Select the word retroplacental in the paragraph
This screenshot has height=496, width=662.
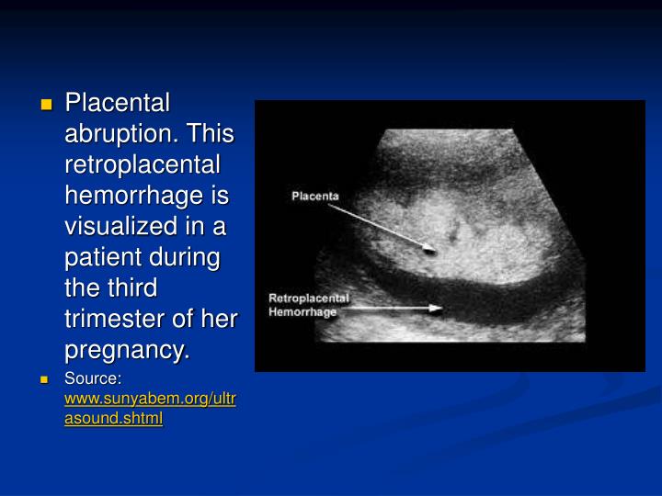coord(142,164)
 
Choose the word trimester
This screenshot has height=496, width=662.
coord(117,320)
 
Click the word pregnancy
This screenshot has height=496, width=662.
coord(126,351)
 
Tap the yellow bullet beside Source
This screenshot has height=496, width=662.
coord(47,379)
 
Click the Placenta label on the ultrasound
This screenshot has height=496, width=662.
coord(315,196)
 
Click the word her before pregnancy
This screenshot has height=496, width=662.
coord(220,320)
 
